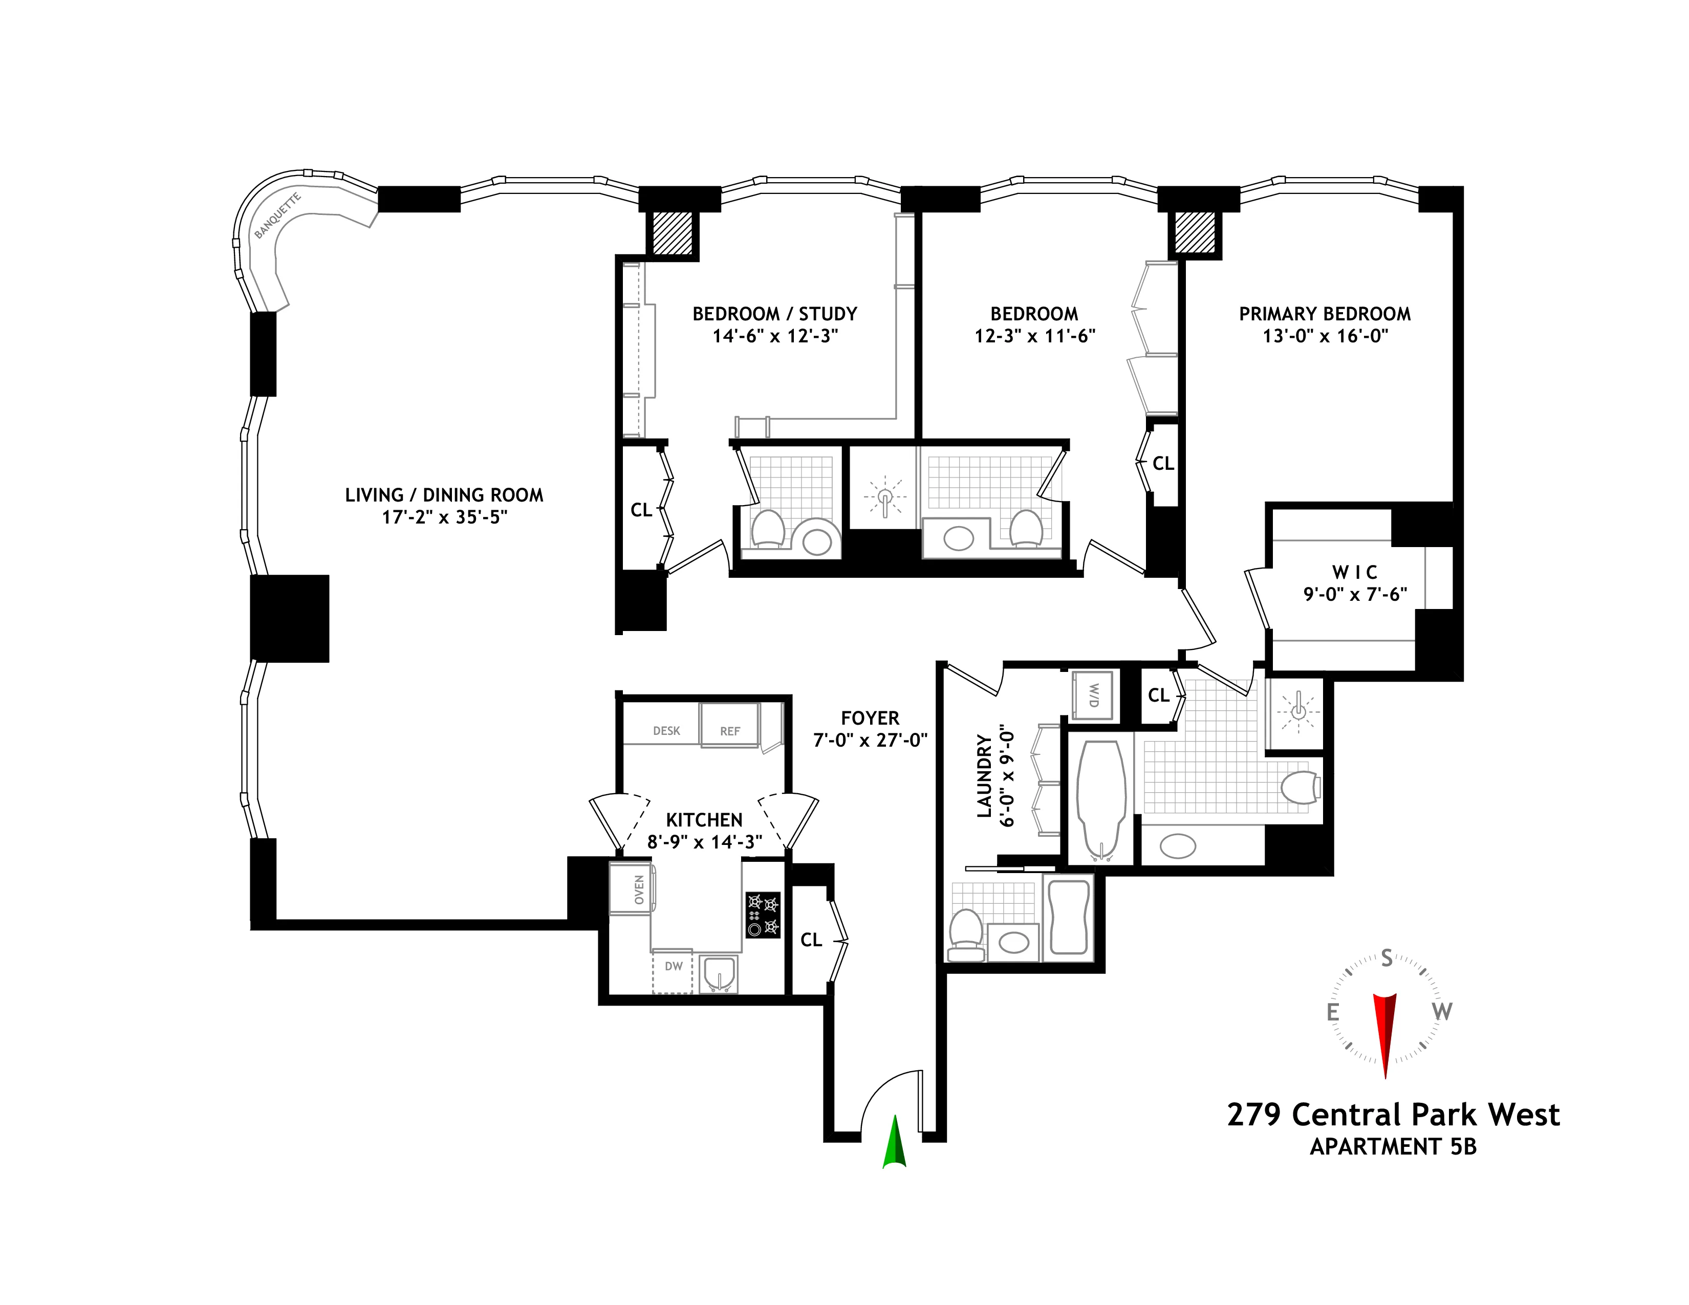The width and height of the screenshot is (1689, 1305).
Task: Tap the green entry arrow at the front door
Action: (894, 1141)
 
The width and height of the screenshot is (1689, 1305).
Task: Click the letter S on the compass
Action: (1387, 959)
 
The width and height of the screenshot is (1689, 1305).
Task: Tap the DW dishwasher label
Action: (674, 966)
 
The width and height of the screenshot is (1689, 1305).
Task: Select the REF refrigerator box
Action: (729, 726)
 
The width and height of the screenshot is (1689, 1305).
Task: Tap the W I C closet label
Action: (1354, 572)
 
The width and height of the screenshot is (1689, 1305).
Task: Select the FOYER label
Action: (870, 718)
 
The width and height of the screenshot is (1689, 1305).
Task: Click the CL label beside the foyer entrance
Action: (811, 939)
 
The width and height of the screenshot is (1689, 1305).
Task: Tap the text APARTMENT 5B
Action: (1393, 1146)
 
